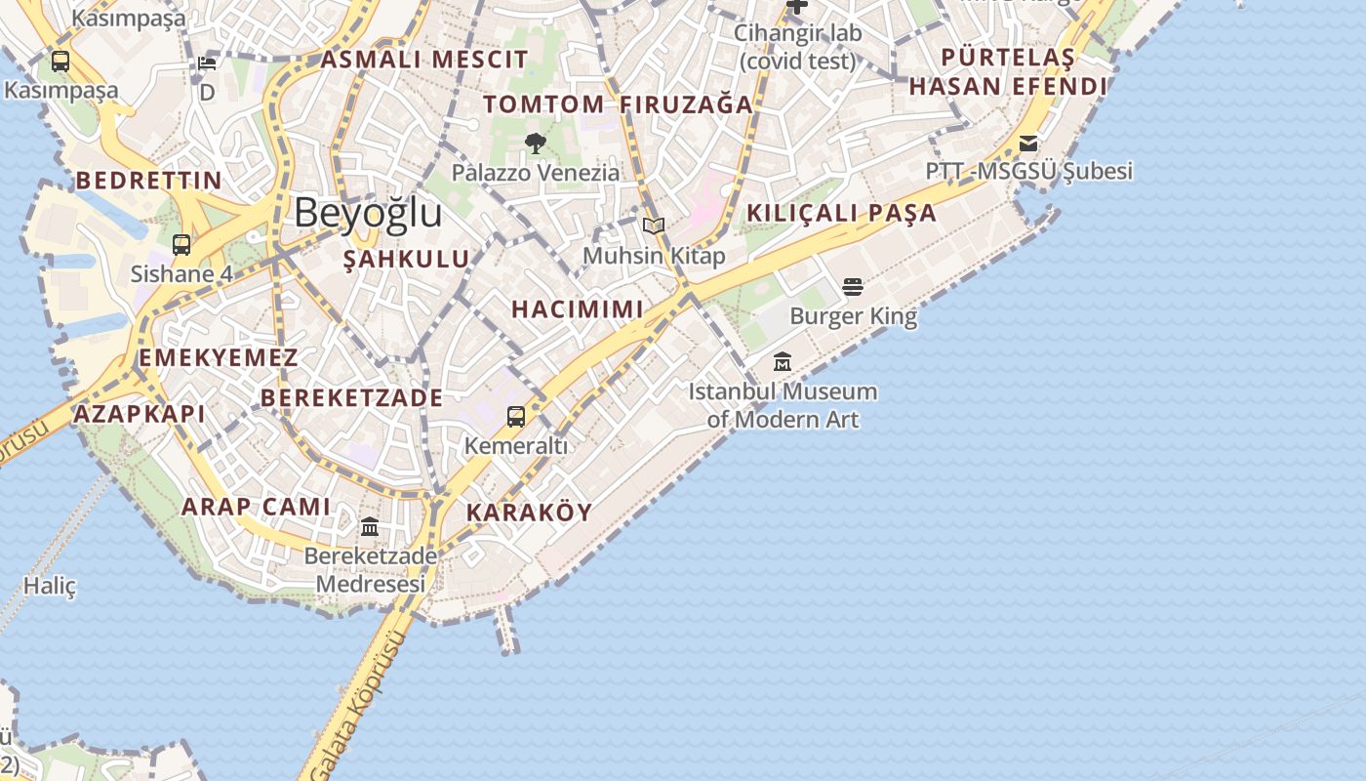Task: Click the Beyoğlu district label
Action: pos(368,213)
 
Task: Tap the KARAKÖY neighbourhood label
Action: pos(529,513)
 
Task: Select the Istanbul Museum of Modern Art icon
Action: pos(783,362)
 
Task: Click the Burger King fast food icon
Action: pos(853,287)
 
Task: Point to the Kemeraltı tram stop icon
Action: pos(516,417)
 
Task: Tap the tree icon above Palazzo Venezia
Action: pos(535,144)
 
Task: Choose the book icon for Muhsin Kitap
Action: pos(654,226)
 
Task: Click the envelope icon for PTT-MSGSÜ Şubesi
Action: pos(1028,144)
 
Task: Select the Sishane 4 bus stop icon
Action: pos(181,244)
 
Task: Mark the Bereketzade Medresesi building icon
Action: pos(370,527)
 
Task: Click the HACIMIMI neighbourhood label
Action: pos(578,309)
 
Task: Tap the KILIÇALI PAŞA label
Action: pos(841,213)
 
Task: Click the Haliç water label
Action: pos(50,586)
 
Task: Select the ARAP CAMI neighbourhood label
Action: pos(256,507)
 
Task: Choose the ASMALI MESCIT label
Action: pos(424,60)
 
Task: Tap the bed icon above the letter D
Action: pos(207,64)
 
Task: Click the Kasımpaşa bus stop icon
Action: pos(60,62)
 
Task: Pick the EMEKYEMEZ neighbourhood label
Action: pos(219,357)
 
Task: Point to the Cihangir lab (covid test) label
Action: pos(797,47)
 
